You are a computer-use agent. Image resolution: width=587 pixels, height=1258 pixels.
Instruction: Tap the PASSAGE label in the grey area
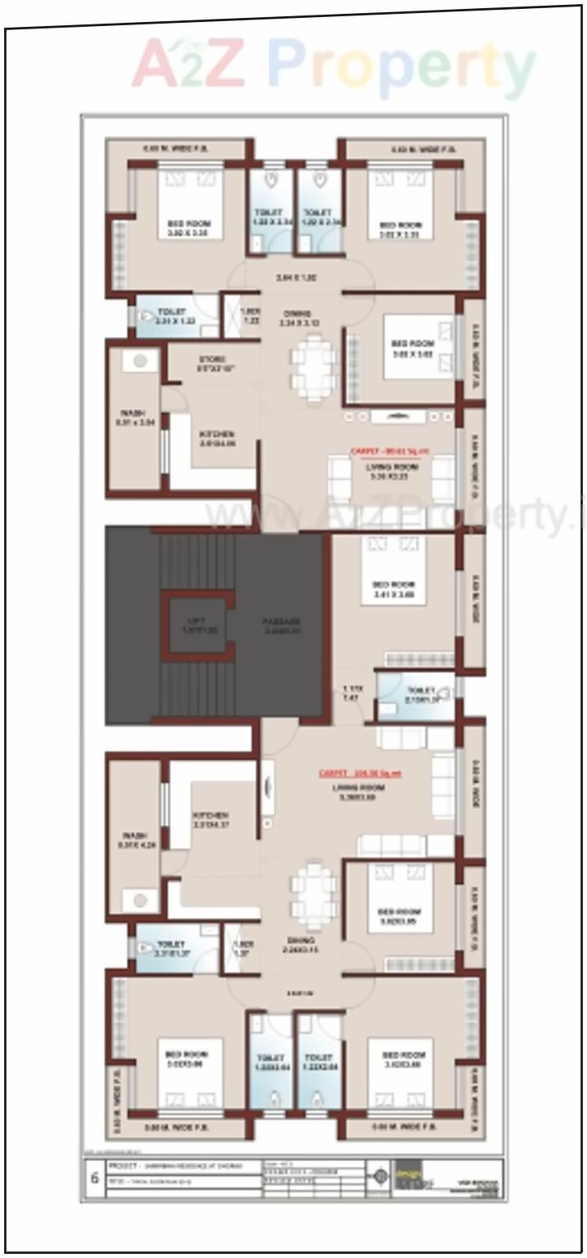tap(281, 622)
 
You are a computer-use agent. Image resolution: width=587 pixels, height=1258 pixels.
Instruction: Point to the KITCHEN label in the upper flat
tap(216, 435)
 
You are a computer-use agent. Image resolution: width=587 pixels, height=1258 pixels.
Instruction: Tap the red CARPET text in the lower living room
tap(359, 773)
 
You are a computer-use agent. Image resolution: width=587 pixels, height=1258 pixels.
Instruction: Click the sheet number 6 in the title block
tap(94, 1178)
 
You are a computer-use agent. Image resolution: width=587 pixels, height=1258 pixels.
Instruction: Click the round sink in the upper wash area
tap(141, 360)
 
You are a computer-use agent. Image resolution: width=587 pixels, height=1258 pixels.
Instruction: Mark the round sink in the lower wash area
tap(141, 900)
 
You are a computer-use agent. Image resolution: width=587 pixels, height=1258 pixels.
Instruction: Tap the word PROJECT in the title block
tap(122, 1166)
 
